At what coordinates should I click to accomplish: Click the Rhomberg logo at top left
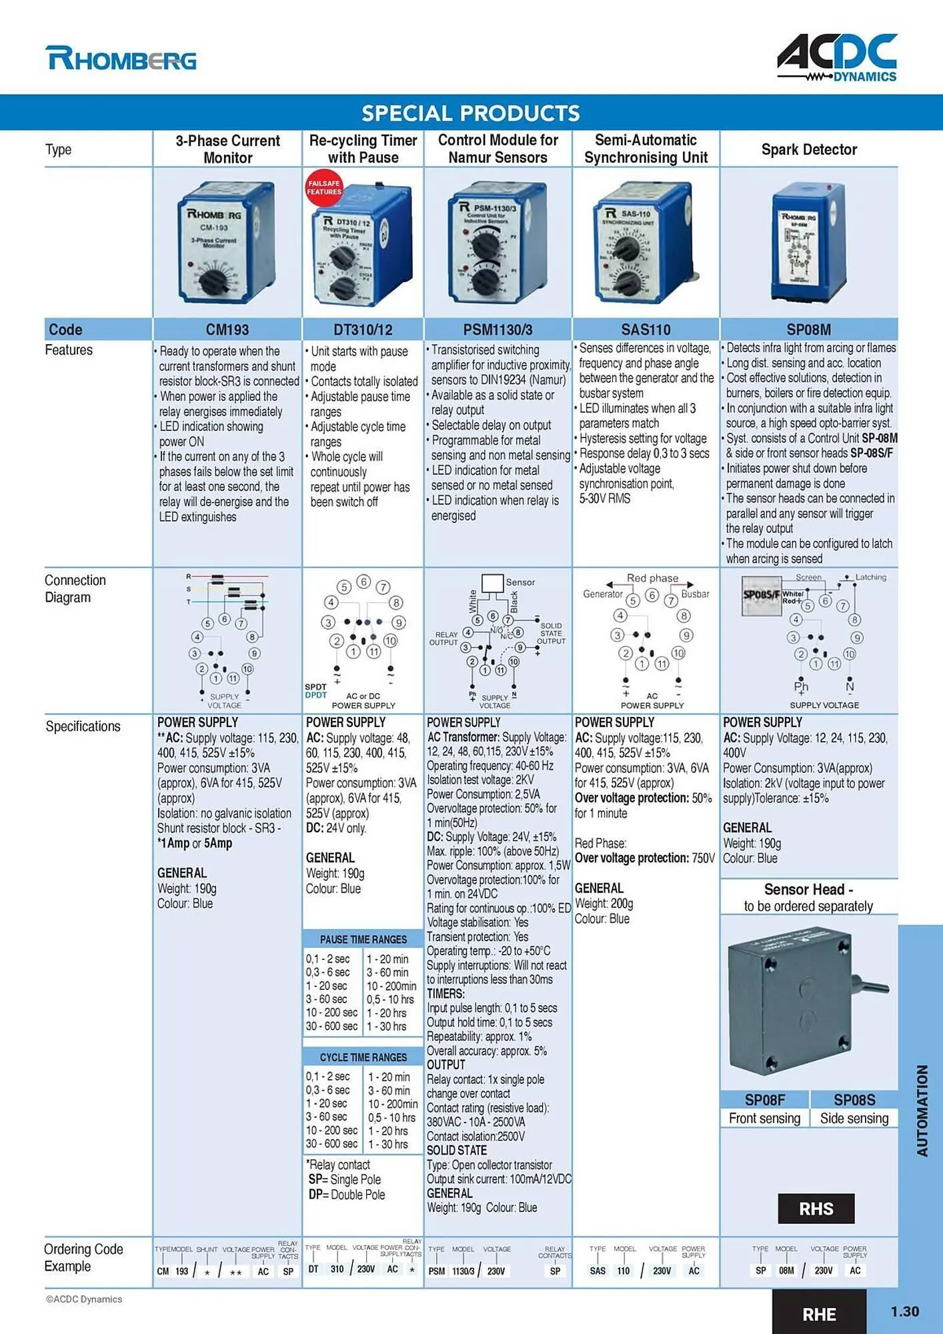pos(121,59)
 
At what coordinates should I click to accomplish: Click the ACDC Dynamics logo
pos(837,58)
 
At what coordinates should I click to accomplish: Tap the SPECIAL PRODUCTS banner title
pos(471,113)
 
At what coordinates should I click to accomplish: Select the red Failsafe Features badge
pos(323,187)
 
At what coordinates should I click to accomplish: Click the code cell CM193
pos(227,329)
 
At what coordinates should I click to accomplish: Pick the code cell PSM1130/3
pos(498,329)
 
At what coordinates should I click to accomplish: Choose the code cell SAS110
pos(646,329)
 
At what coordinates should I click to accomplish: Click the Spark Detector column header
pos(809,149)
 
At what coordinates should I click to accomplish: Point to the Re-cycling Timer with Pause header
pos(363,149)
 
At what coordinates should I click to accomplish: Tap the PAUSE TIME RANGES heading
pos(363,939)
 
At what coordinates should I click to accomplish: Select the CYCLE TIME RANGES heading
pos(363,1057)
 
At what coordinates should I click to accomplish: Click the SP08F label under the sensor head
pos(764,1100)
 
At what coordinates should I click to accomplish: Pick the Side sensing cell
pos(854,1119)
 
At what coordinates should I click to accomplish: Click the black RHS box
pos(816,1209)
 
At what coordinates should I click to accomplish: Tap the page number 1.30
pos(904,1311)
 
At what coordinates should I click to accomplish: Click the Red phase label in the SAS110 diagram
pos(652,578)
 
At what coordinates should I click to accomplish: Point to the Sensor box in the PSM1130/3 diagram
pos(492,583)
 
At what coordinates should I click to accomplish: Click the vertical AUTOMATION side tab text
pos(922,1111)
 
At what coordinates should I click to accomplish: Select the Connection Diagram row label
pos(75,588)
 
